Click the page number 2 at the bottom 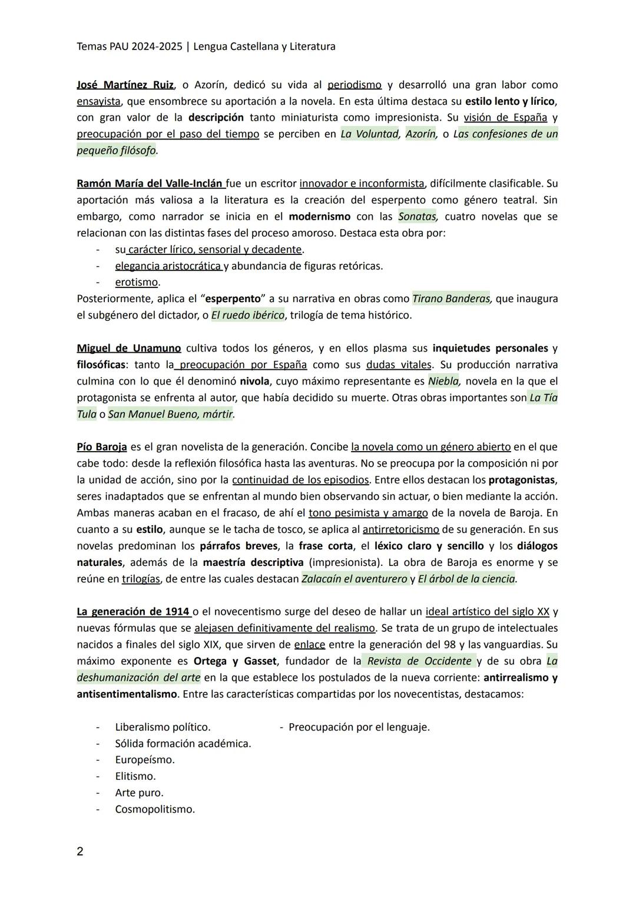click(80, 851)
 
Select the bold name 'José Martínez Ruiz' click(125, 85)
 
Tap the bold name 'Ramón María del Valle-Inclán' click(150, 183)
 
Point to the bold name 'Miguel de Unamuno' click(128, 348)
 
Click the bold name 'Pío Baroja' click(102, 447)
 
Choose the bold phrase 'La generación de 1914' click(133, 612)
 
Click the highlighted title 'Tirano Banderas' click(452, 299)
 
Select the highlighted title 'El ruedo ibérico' click(247, 315)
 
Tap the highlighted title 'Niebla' click(443, 381)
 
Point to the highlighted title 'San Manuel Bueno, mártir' click(171, 414)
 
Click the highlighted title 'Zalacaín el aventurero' click(355, 579)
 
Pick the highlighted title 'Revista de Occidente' click(419, 661)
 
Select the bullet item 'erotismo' click(137, 282)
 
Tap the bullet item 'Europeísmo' click(145, 760)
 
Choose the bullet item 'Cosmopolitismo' click(155, 809)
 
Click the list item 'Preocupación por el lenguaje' click(359, 727)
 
